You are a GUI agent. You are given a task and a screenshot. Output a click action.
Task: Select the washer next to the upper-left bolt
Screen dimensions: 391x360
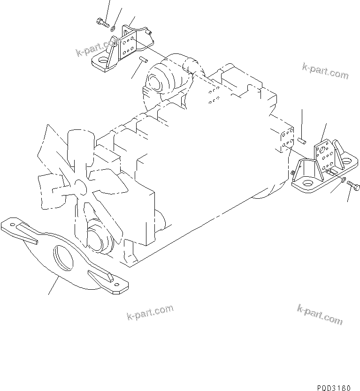click(x=113, y=29)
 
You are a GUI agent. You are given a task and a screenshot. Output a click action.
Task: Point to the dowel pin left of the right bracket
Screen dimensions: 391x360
click(x=302, y=139)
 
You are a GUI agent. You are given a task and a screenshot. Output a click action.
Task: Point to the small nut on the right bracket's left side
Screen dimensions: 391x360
click(x=294, y=173)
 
